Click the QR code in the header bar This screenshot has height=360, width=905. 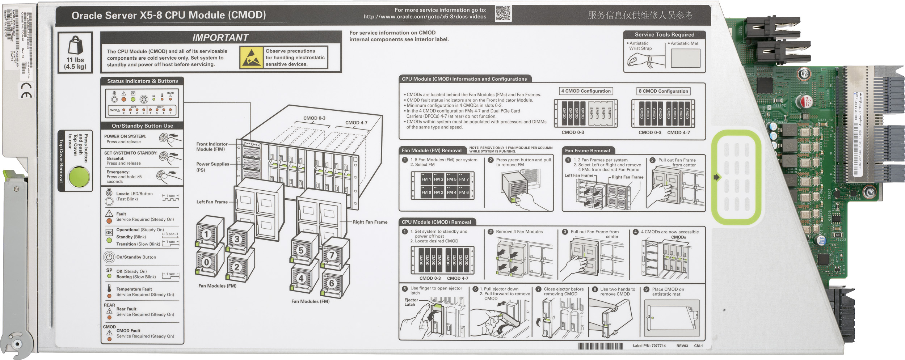(x=503, y=13)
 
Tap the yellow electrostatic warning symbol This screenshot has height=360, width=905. (x=251, y=57)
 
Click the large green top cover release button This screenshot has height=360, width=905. (x=79, y=177)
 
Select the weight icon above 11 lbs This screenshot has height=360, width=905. (x=75, y=46)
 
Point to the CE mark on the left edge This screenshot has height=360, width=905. (x=26, y=90)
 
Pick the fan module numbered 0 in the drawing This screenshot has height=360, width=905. (x=206, y=262)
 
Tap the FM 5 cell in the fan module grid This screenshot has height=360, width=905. (x=451, y=179)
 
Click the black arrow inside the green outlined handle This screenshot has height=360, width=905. (x=716, y=177)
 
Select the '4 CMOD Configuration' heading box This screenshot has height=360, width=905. (x=585, y=91)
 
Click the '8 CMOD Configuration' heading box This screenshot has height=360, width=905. (x=663, y=91)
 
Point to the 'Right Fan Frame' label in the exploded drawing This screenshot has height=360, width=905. (x=370, y=222)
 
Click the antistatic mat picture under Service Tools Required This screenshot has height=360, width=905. (x=685, y=58)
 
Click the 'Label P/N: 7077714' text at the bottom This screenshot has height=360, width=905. (x=649, y=346)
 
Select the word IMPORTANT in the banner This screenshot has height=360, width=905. (x=220, y=38)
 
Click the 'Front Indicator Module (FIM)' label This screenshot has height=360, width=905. (x=212, y=147)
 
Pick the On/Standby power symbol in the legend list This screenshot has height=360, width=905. (x=109, y=257)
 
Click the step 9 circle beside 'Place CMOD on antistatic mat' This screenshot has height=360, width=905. (x=646, y=289)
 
